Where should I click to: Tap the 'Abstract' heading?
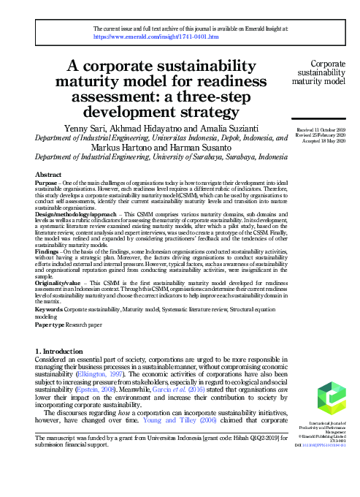pyautogui.click(x=50, y=175)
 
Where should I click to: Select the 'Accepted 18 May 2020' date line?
pyautogui.click(x=326, y=141)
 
